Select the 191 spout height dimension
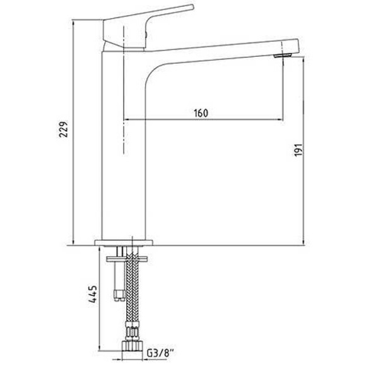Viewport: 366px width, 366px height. tap(300, 150)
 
